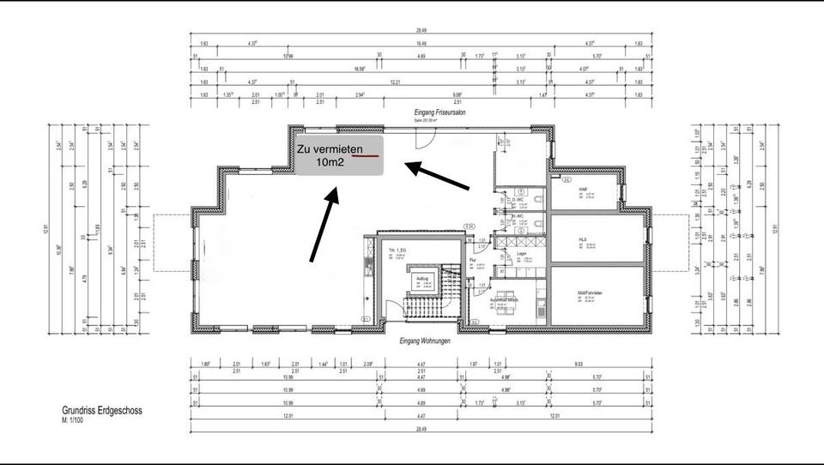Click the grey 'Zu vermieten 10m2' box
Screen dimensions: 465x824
[x=337, y=154]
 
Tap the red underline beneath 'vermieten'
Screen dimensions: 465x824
[x=367, y=157]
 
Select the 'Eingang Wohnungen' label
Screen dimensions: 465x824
[x=425, y=341]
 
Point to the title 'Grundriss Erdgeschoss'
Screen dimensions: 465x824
[x=102, y=411]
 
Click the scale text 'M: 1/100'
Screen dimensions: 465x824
[x=74, y=422]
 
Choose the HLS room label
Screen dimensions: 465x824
[x=582, y=239]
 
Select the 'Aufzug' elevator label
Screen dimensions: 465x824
[x=422, y=279]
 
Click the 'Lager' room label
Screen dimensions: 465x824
[x=521, y=253]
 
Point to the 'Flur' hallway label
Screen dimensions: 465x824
[x=473, y=259]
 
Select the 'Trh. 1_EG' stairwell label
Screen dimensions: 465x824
[x=397, y=250]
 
